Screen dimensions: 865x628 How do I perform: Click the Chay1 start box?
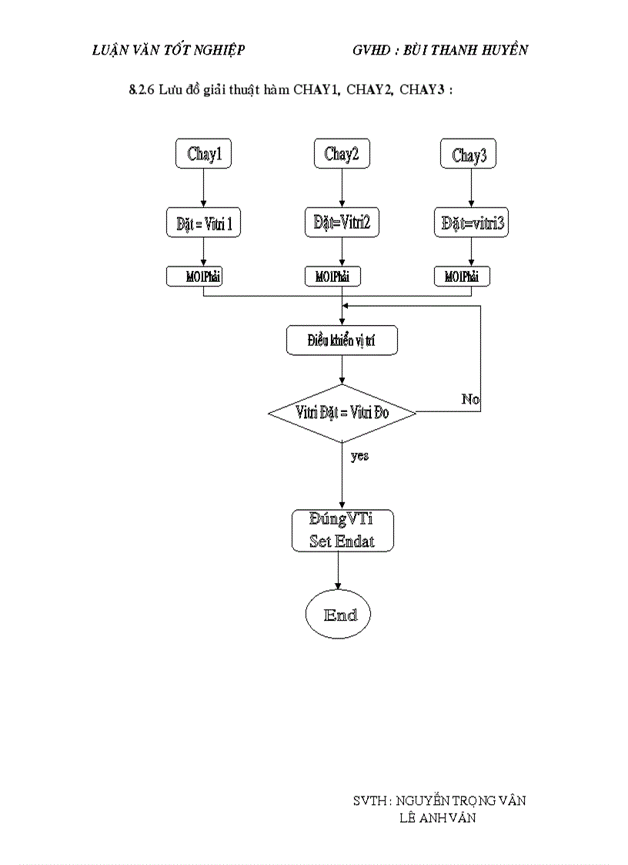point(204,153)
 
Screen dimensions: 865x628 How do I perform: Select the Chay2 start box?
point(342,153)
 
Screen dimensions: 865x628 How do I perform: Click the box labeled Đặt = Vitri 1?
point(204,223)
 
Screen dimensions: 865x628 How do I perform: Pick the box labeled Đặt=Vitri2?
point(342,223)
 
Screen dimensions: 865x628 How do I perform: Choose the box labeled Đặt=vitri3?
point(471,223)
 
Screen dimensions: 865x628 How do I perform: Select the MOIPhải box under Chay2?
point(332,276)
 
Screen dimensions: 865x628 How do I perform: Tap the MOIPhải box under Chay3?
point(462,276)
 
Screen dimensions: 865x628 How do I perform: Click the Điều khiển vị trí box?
point(342,340)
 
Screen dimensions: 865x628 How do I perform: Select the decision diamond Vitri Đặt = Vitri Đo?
point(342,413)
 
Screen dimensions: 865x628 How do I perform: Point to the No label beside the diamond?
point(469,399)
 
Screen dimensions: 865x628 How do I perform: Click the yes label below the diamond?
point(359,456)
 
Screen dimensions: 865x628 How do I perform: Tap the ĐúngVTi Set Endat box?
point(342,531)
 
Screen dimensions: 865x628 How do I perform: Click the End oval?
point(338,615)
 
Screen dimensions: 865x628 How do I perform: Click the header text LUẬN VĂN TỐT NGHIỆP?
point(168,50)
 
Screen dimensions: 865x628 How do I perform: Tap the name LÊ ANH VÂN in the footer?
point(437,818)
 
